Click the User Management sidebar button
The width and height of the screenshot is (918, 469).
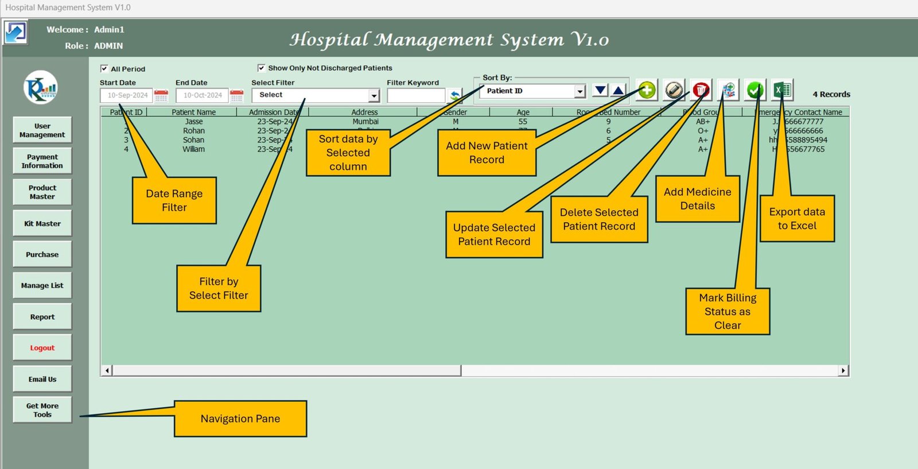click(x=42, y=130)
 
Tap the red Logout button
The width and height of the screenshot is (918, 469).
click(x=42, y=348)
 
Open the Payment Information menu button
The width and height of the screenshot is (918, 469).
click(x=42, y=161)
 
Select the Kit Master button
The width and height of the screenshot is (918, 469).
click(x=42, y=224)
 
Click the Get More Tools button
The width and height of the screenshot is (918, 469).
click(x=42, y=410)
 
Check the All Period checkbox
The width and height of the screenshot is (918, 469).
click(x=104, y=68)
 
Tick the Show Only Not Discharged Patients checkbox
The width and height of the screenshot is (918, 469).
click(x=262, y=68)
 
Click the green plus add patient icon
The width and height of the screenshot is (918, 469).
click(x=647, y=90)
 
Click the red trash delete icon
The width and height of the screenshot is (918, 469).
click(x=701, y=90)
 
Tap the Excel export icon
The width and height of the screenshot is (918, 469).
click(x=782, y=90)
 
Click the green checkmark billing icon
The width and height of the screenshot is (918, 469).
click(x=755, y=90)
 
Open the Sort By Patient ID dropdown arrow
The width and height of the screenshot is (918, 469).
click(x=580, y=91)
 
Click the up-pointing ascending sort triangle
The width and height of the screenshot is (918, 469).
click(x=618, y=90)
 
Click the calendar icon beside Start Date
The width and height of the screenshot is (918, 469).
click(x=161, y=95)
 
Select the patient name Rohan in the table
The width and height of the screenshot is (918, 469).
click(x=194, y=131)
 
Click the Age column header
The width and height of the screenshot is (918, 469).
click(x=523, y=113)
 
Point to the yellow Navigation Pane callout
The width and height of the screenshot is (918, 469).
click(x=240, y=418)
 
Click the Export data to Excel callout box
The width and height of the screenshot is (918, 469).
click(x=797, y=219)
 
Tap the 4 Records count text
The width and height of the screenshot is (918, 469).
click(x=831, y=94)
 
